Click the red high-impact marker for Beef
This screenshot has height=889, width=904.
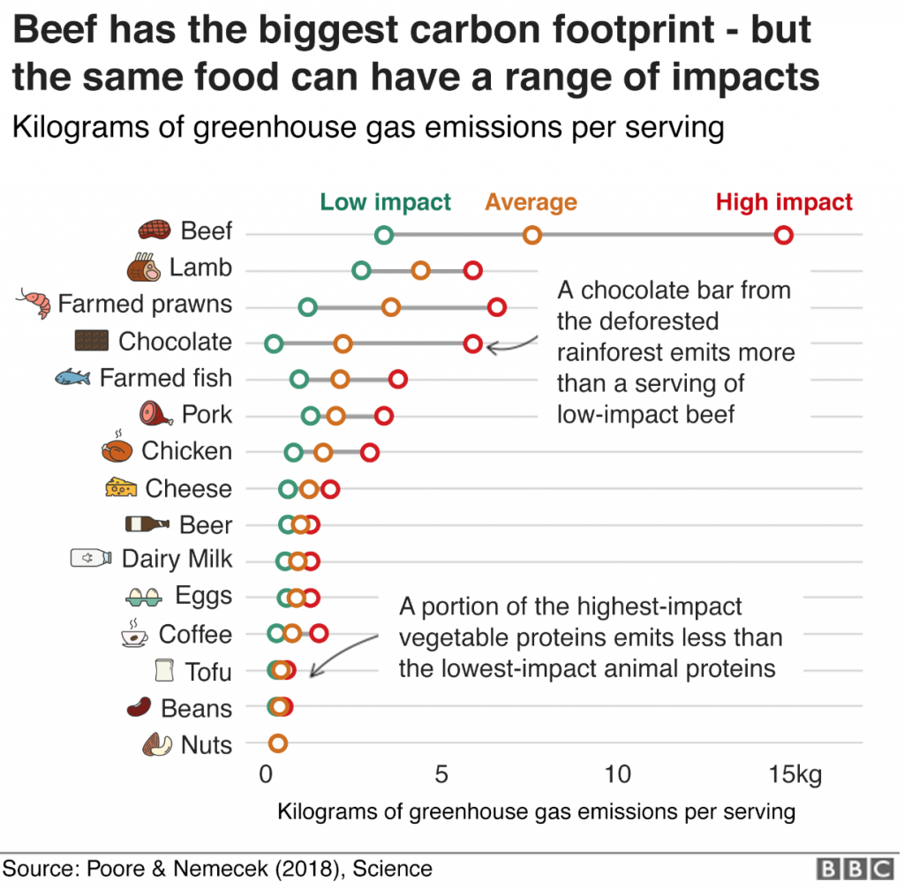point(783,235)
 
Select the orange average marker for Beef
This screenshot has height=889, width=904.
point(531,235)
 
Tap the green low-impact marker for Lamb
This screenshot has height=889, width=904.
point(361,270)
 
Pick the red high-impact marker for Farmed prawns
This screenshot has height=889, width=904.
point(497,307)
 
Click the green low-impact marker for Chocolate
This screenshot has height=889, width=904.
point(274,343)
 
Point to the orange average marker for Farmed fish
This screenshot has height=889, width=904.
point(340,380)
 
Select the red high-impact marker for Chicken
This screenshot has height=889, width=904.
point(370,453)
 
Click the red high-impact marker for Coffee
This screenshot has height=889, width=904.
point(320,632)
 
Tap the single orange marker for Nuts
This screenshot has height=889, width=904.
point(278,743)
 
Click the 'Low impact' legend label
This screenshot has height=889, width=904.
point(385,202)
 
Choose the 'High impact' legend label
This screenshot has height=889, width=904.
point(784,202)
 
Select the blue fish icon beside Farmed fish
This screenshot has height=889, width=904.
point(73,378)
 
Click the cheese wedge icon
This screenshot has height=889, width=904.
point(121,487)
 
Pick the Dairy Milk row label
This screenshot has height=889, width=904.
point(177,559)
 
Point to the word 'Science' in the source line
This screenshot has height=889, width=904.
point(393,869)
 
